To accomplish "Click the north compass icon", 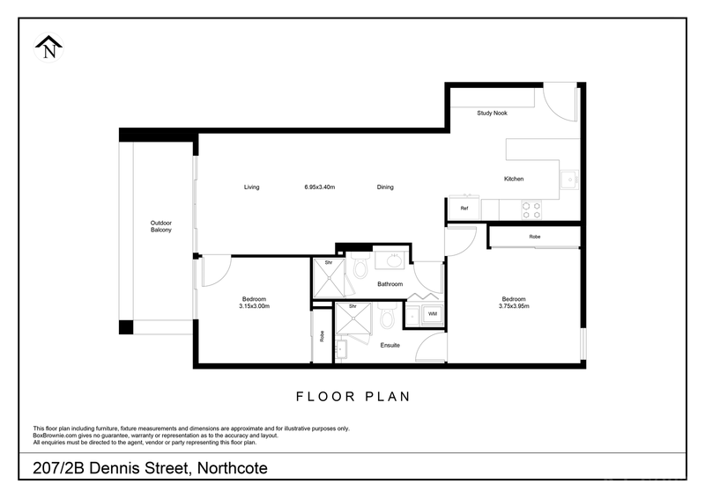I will (49, 48).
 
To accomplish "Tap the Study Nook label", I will (492, 114).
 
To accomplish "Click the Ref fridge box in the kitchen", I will (464, 209).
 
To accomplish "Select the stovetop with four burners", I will (531, 209).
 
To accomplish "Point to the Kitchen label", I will (514, 179).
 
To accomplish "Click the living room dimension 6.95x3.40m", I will (320, 187).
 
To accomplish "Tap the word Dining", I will (385, 187).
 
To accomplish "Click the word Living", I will (252, 187).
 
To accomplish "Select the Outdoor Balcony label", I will (160, 226).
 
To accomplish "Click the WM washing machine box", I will (433, 313).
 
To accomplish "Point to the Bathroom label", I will (390, 284).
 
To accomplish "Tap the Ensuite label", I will (390, 345).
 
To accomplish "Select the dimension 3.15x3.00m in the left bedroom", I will (254, 306).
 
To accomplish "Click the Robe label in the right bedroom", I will (535, 238).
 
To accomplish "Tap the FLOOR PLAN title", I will (352, 396).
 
